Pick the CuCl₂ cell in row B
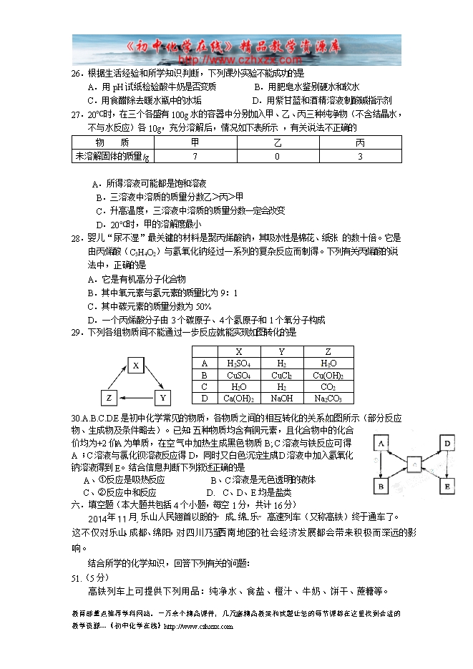282,375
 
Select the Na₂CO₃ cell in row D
328,399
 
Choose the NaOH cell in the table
282,399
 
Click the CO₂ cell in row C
328,387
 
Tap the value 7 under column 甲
194,156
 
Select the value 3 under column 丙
360,156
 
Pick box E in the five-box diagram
447,487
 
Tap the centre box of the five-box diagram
415,464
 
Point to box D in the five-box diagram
447,444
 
